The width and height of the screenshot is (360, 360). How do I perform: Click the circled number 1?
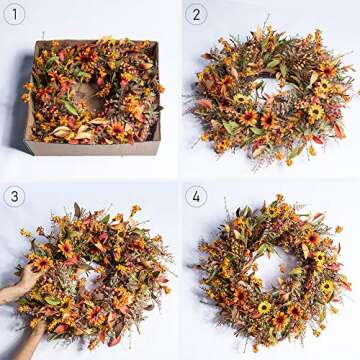[14, 14]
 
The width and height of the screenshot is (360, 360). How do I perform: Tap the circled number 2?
[197, 14]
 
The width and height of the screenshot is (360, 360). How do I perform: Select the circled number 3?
[14, 196]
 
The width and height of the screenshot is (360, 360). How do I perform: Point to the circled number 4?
[197, 196]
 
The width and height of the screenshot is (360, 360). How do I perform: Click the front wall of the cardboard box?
[90, 148]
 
